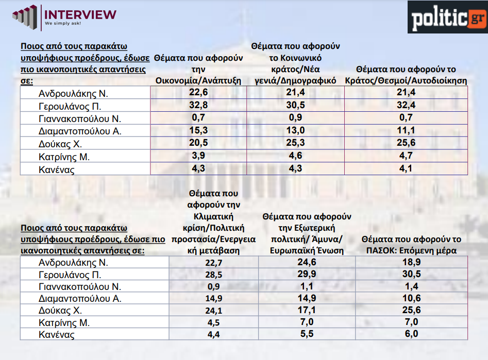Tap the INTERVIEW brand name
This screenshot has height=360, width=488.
pyautogui.click(x=80, y=14)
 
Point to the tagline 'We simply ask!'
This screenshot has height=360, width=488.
pyautogui.click(x=62, y=24)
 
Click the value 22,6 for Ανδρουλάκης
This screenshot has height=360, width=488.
pyautogui.click(x=198, y=93)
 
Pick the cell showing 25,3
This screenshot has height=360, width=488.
pyautogui.click(x=296, y=143)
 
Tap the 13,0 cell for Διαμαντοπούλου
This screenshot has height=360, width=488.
pyautogui.click(x=296, y=131)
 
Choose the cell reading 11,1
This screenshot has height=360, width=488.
pyautogui.click(x=406, y=131)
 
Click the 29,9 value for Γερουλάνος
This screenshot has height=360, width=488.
pyautogui.click(x=307, y=273)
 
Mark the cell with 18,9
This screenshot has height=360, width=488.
pyautogui.click(x=412, y=261)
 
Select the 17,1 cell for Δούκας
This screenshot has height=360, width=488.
pyautogui.click(x=307, y=311)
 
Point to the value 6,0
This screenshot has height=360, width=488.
pyautogui.click(x=412, y=335)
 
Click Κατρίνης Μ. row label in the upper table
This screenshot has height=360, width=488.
pyautogui.click(x=64, y=157)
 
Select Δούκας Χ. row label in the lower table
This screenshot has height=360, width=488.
pyautogui.click(x=60, y=311)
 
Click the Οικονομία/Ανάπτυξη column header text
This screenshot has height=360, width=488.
pyautogui.click(x=198, y=80)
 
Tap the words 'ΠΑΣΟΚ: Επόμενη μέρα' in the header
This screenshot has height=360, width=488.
pyautogui.click(x=411, y=250)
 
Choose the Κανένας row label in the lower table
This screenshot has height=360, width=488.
pyautogui.click(x=56, y=335)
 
